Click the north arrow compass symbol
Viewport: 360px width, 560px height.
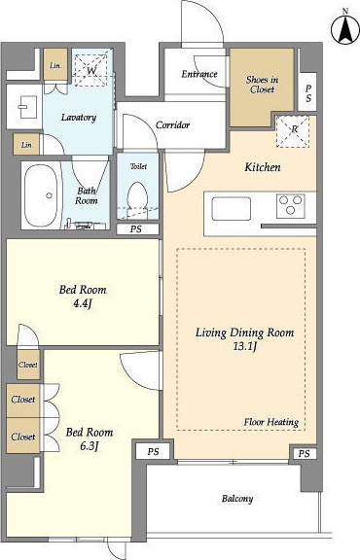point(345,29)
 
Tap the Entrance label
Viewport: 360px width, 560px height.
point(199,74)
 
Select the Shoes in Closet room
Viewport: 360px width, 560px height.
point(262,87)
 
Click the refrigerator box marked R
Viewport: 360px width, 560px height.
point(293,131)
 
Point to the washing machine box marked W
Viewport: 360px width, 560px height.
point(90,70)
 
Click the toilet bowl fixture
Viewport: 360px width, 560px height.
point(137,197)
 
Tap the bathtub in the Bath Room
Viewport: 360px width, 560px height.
point(42,195)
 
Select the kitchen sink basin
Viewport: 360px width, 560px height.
point(232,209)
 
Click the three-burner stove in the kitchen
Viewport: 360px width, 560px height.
point(290,206)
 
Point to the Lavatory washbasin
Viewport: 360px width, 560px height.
point(26,107)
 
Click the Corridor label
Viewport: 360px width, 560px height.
point(172,125)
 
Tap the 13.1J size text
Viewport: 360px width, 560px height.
point(245,347)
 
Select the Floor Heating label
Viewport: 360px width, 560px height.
point(271,422)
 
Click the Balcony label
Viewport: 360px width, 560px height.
point(237,499)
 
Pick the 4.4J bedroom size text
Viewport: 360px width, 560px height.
point(83,304)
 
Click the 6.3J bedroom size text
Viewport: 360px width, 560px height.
point(90,446)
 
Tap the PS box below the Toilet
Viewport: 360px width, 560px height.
point(137,229)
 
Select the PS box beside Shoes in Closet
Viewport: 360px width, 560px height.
point(307,92)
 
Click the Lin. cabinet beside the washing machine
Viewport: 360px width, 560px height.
point(55,64)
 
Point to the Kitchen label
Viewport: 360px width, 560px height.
point(263,167)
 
